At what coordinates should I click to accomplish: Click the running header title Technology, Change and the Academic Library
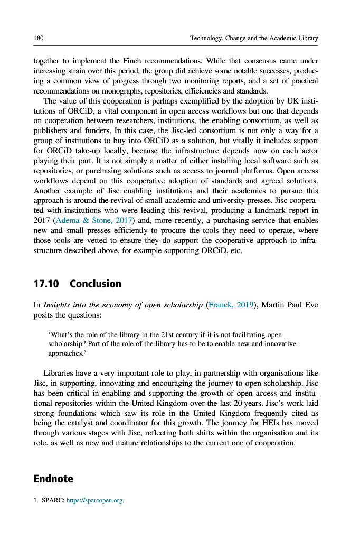tap(254, 38)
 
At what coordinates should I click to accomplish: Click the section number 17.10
tap(46, 284)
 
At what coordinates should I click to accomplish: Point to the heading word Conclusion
tap(96, 284)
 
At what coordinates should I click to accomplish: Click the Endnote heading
tap(53, 479)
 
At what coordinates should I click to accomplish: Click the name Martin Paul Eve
tap(290, 305)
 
